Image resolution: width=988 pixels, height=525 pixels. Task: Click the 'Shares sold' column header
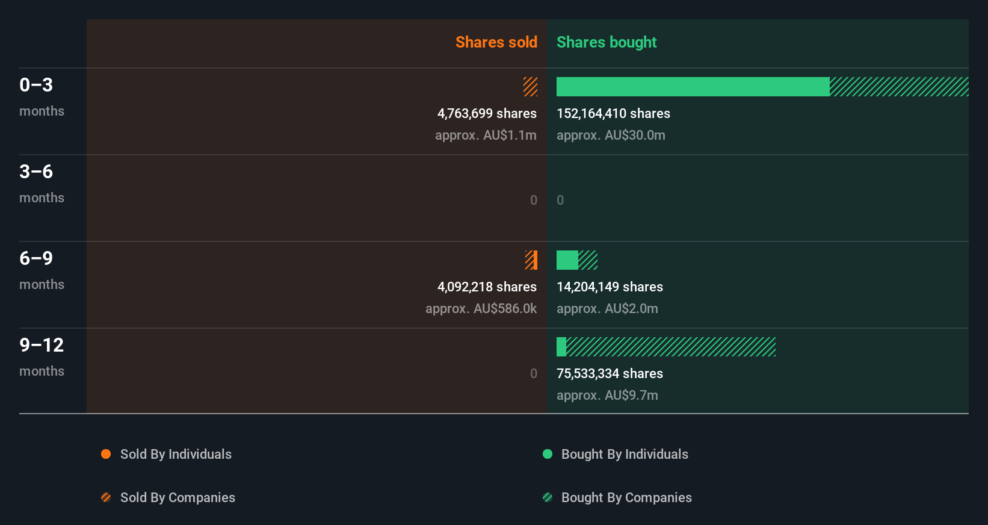[496, 42]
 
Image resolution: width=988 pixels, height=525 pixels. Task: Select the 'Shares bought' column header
[606, 42]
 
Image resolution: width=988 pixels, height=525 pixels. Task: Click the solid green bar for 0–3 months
[693, 87]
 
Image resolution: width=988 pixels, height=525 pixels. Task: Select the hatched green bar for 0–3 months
[899, 87]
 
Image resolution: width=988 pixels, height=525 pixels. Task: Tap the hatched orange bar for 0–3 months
[530, 87]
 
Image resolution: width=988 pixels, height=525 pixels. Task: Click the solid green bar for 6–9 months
[567, 260]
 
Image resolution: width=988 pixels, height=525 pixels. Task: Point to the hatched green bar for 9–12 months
[671, 347]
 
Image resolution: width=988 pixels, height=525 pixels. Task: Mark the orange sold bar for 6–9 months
[531, 260]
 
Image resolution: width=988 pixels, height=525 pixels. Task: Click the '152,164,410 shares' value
[613, 113]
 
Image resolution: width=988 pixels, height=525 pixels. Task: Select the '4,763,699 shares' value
[487, 113]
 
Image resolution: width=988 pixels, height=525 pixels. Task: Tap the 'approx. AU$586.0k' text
[481, 308]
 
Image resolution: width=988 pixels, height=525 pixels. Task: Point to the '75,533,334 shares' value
[610, 373]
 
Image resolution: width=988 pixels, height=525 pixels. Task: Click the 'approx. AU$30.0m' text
[611, 135]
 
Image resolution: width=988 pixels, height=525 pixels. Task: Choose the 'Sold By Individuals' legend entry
[175, 454]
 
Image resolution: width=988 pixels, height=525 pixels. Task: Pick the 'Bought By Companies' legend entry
[626, 497]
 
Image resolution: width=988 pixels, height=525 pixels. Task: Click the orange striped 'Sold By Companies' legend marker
[106, 497]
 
